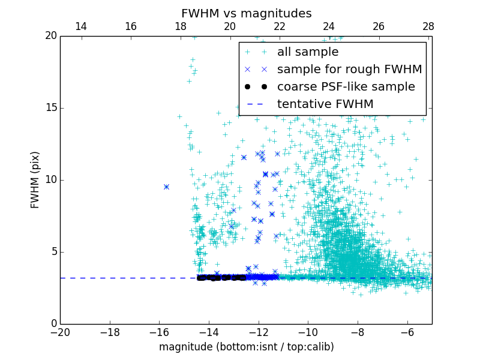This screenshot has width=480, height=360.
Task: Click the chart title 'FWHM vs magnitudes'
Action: (246, 13)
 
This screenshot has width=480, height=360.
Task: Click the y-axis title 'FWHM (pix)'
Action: (35, 179)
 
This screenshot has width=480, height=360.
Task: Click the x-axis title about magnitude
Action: (246, 347)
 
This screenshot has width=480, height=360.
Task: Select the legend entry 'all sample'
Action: (307, 52)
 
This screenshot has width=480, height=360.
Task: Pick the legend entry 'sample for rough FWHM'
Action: (349, 70)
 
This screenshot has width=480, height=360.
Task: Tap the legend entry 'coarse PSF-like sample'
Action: (346, 87)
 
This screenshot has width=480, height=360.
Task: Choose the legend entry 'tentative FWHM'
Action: (325, 104)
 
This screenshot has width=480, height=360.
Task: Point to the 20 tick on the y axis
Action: (50, 36)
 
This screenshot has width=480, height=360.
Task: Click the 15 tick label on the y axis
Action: (50, 108)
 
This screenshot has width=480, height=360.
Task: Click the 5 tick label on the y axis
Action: (52, 251)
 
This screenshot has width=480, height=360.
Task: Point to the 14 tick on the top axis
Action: (81, 26)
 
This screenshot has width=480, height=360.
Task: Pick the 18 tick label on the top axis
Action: (180, 26)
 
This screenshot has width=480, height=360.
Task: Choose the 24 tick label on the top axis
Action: (329, 26)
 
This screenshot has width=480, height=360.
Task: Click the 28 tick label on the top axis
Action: (428, 26)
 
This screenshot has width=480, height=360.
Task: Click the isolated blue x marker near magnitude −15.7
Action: (166, 187)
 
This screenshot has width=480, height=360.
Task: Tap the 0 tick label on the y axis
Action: (52, 324)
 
